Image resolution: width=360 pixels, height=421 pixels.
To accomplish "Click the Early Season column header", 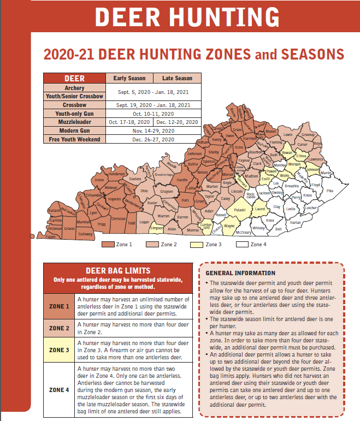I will pos(129,78).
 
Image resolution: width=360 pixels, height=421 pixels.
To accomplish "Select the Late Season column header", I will pos(178,78).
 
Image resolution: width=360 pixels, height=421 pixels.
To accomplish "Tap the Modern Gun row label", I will pos(74,131).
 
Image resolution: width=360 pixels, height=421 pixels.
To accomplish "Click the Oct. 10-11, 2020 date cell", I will pos(154,114).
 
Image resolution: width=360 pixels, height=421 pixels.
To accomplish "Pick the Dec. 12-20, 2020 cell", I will pos(178,122).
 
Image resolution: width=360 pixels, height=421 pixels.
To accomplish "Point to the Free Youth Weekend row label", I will pos(74,140).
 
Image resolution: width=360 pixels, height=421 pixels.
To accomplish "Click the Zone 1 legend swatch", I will pos(108,245).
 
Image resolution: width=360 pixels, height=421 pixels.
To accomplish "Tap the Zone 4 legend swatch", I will pos(242,245).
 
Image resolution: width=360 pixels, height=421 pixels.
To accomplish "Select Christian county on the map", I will pos(119,218).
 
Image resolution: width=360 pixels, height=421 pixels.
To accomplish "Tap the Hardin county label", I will pos(182,180).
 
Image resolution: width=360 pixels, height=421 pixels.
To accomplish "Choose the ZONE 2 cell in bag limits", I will pos(59,328).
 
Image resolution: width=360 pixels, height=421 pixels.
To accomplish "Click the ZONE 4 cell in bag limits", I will pos(59,390).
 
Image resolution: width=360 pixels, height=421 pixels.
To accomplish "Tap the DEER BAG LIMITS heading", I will pos(118,271).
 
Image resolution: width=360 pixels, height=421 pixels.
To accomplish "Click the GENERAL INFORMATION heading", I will pos(240,273).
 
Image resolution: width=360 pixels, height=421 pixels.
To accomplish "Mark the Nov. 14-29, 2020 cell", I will pos(154,131).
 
